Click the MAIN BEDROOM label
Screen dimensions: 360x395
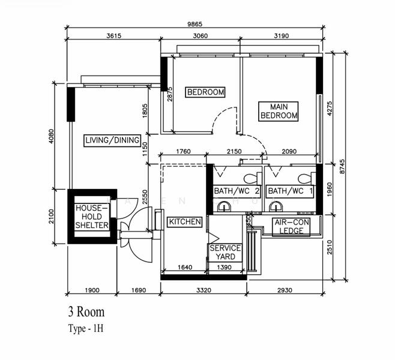click(x=279, y=111)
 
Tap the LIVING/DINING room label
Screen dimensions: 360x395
click(x=112, y=141)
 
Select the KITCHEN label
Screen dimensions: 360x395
click(x=184, y=222)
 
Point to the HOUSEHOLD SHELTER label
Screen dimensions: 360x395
click(x=92, y=217)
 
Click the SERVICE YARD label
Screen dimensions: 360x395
click(x=225, y=253)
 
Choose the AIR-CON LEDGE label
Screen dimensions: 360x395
click(x=292, y=226)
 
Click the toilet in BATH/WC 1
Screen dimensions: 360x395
click(x=306, y=178)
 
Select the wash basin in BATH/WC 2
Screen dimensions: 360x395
click(x=224, y=208)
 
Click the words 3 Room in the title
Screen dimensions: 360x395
click(x=86, y=312)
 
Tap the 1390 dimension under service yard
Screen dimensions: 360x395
click(x=225, y=267)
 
